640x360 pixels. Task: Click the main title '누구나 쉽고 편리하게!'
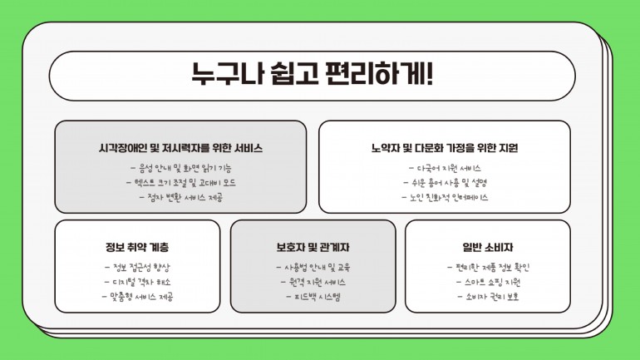click(313, 74)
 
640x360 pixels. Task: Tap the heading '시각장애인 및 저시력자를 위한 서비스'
click(180, 148)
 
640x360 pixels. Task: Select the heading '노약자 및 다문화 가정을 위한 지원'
click(445, 148)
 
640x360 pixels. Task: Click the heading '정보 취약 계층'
click(137, 247)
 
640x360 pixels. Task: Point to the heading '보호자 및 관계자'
click(313, 247)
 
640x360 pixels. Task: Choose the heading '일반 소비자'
click(488, 247)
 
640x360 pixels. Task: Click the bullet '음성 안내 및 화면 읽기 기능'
click(181, 168)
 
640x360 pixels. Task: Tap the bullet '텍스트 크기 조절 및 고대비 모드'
click(181, 182)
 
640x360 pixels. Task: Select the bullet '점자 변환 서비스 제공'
click(181, 198)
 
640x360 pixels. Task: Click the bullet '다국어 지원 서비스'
click(445, 168)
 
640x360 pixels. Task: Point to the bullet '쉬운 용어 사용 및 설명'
click(445, 182)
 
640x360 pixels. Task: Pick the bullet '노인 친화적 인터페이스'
click(445, 198)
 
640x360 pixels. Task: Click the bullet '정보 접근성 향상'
click(137, 268)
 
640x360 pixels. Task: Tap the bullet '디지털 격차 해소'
click(137, 282)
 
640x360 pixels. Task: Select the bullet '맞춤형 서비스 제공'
click(137, 297)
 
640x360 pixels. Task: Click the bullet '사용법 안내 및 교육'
click(313, 268)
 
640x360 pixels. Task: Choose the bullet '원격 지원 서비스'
click(313, 282)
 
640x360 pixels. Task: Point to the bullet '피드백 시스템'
click(313, 297)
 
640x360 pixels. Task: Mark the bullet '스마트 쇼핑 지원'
click(488, 282)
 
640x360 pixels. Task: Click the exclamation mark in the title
click(429, 74)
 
